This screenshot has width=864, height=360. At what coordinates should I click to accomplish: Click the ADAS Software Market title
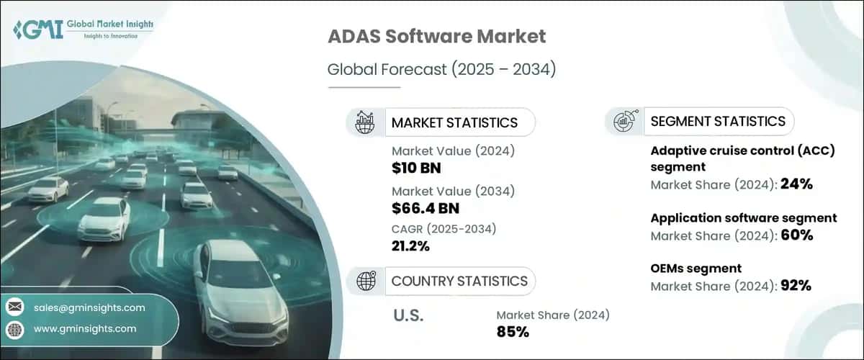(x=436, y=36)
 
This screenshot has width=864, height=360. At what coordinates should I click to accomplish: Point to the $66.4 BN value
(x=426, y=208)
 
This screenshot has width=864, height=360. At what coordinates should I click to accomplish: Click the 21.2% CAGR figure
(x=410, y=246)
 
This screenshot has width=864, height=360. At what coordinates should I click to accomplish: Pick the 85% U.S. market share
(x=513, y=332)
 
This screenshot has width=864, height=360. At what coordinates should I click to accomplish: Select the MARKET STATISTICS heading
(x=454, y=122)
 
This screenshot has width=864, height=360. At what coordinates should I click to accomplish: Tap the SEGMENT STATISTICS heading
(x=718, y=121)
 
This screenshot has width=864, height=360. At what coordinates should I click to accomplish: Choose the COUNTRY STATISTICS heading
(x=459, y=281)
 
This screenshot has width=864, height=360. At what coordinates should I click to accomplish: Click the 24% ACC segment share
(x=797, y=184)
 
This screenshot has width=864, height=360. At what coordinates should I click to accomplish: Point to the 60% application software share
(x=797, y=235)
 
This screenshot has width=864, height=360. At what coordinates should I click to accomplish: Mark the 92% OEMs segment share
(x=796, y=286)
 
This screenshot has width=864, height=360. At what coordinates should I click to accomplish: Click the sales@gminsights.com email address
(x=89, y=307)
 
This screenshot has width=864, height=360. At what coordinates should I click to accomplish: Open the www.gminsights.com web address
(x=84, y=329)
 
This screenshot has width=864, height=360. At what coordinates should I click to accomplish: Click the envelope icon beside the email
(x=14, y=307)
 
